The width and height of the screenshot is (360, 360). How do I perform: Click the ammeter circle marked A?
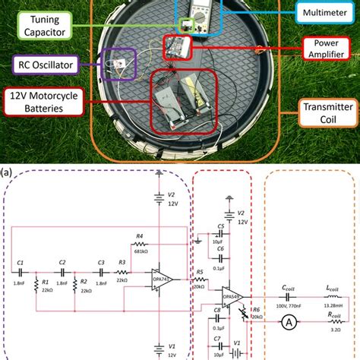pos(289,323)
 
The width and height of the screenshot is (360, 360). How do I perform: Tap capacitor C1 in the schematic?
pos(21,270)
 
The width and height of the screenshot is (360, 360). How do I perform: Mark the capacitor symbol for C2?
pos(62,270)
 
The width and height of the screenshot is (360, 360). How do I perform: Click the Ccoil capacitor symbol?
pos(288,295)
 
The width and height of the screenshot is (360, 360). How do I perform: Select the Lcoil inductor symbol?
pos(331,295)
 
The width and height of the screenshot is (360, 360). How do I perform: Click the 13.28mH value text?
pos(332,305)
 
